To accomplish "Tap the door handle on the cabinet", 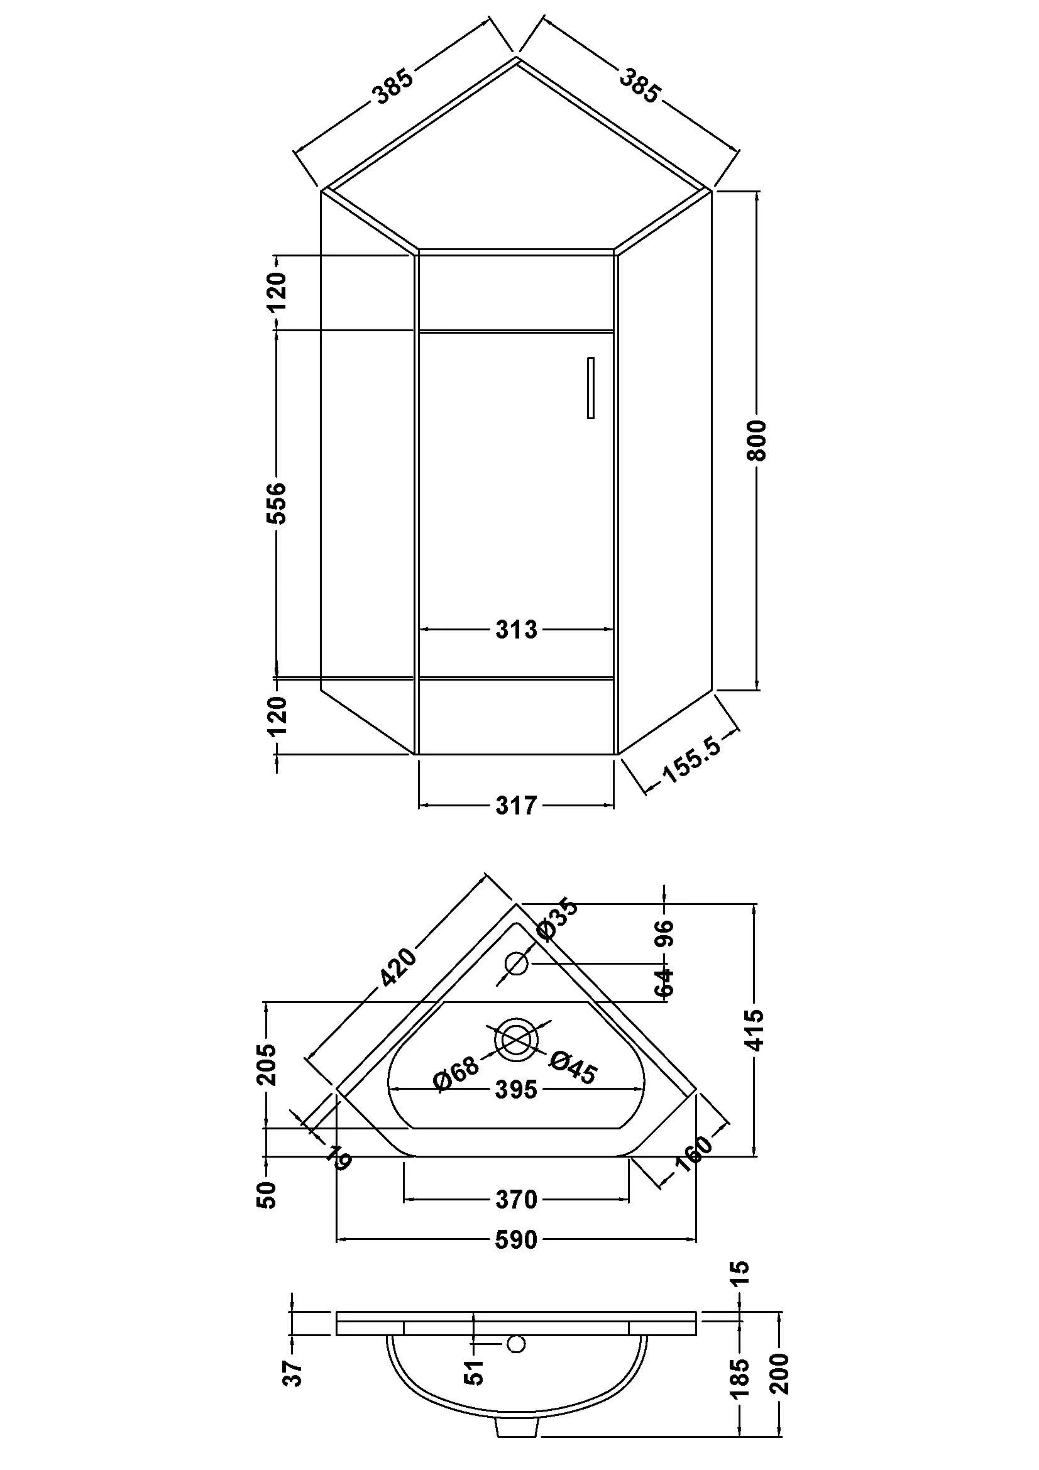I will coord(590,388).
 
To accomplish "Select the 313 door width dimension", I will coord(516,630).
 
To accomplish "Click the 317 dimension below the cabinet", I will coord(516,806).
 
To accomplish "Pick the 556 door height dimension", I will coord(277,503).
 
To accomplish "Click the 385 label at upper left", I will coord(393,87).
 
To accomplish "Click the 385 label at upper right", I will coord(639,87).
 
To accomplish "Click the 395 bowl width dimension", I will coord(516,1089).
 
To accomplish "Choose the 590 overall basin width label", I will coord(516,1240).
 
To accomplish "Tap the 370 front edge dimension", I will coord(516,1199).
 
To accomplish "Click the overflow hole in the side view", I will coord(517,1344).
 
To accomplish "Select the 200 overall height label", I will coord(781,1374).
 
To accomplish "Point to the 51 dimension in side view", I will coord(475,1372).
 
